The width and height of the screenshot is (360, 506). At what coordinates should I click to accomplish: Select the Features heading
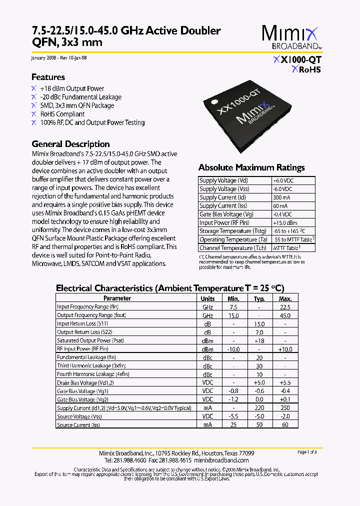pyautogui.click(x=48, y=77)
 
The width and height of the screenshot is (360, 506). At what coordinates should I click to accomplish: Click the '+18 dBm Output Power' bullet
pyautogui.click(x=72, y=88)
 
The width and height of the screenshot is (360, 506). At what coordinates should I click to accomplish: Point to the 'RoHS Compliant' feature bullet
pyautogui.click(x=62, y=114)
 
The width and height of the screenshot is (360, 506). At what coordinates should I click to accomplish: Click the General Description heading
pyautogui.click(x=70, y=144)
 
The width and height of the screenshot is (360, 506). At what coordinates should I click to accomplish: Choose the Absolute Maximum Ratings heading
pyautogui.click(x=251, y=167)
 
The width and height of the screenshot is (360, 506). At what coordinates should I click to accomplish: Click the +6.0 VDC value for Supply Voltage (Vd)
pyautogui.click(x=282, y=180)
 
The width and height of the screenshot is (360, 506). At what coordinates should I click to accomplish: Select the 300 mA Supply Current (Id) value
pyautogui.click(x=281, y=197)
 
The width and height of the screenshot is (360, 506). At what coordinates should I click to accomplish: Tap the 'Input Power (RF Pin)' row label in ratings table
pyautogui.click(x=224, y=222)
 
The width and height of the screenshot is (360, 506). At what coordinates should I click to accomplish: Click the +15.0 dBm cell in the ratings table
pyautogui.click(x=284, y=222)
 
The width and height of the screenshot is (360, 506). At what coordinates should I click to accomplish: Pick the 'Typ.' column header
pyautogui.click(x=259, y=298)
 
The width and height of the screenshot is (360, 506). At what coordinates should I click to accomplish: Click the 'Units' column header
pyautogui.click(x=207, y=298)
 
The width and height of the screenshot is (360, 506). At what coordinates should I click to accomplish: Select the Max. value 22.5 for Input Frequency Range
pyautogui.click(x=285, y=307)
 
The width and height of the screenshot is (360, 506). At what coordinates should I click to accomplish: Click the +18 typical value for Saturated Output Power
pyautogui.click(x=259, y=341)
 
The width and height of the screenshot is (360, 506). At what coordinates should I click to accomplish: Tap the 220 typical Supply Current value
pyautogui.click(x=259, y=408)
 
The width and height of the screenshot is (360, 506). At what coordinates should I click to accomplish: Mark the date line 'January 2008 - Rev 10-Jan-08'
pyautogui.click(x=59, y=57)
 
